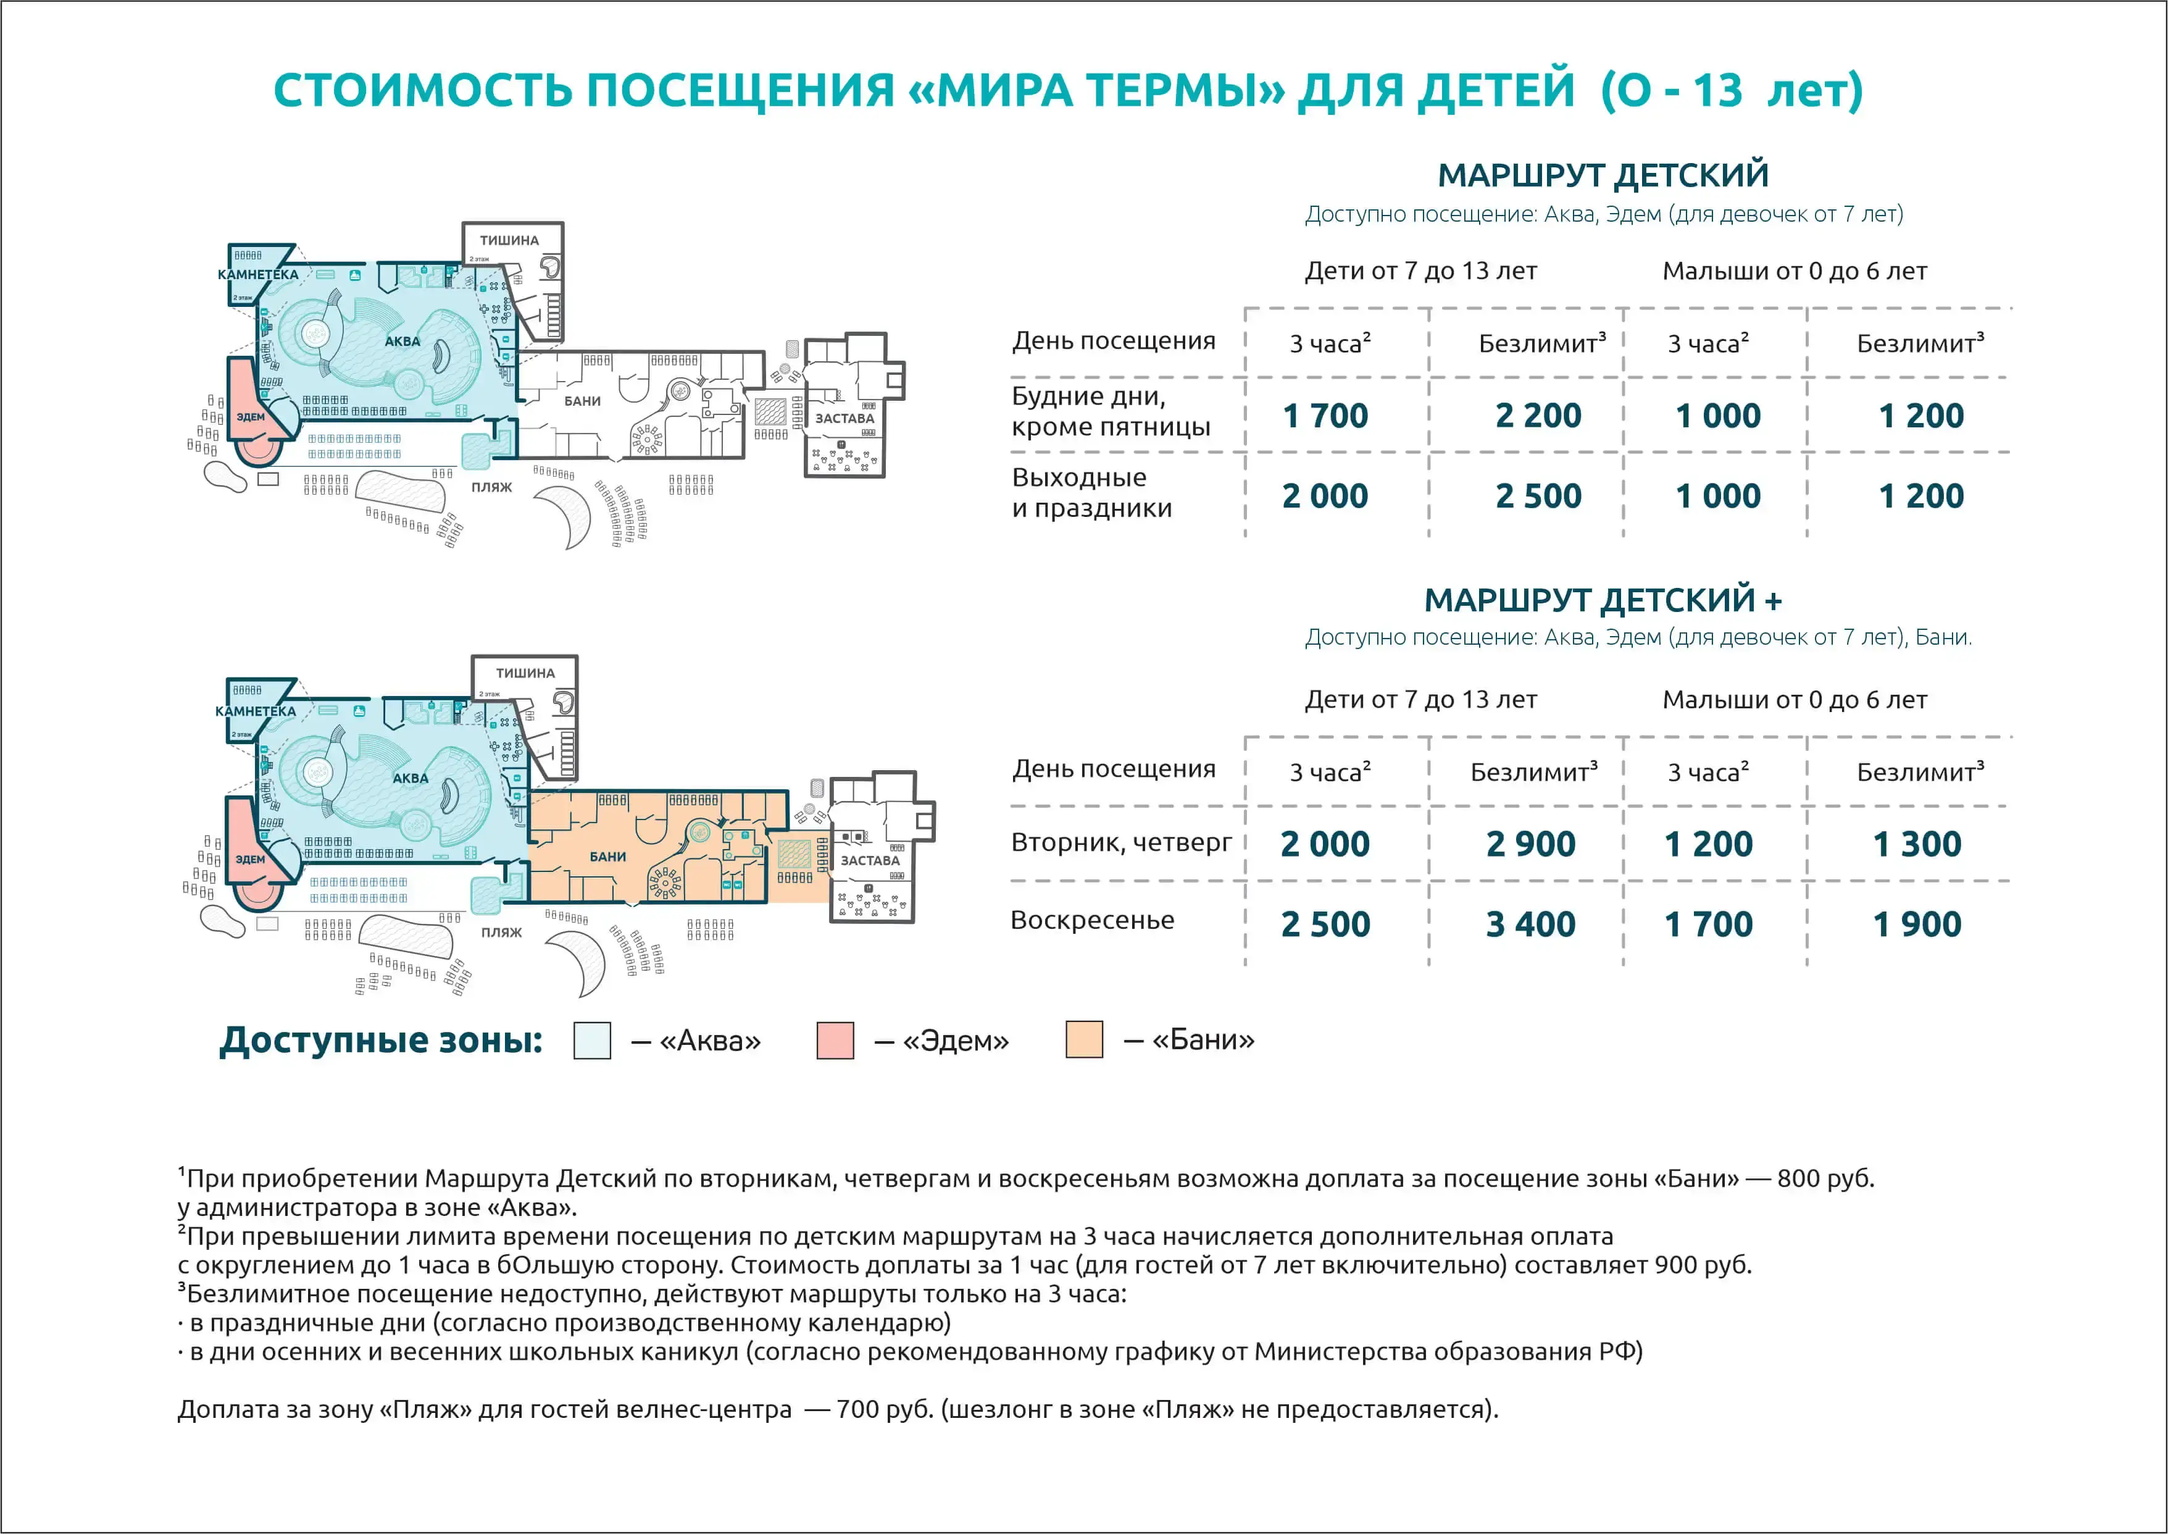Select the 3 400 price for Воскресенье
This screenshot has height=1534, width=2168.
[1531, 924]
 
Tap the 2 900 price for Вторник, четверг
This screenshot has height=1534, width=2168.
[1531, 844]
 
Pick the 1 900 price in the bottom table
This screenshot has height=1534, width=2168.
[1917, 924]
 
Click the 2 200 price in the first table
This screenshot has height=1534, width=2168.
[1538, 416]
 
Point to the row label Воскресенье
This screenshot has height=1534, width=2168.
[1093, 920]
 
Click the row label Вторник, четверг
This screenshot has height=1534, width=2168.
[1122, 842]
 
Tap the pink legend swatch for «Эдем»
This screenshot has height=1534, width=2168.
[835, 1040]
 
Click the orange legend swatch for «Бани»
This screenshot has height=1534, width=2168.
[1084, 1039]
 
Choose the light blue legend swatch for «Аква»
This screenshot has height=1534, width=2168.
[592, 1040]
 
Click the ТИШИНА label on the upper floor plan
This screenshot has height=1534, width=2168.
[509, 241]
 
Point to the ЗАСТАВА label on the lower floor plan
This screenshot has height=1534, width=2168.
[870, 860]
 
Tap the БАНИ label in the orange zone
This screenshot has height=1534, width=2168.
[608, 857]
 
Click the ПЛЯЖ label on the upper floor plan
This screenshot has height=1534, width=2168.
[492, 487]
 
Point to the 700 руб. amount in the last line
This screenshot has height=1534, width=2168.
[885, 1409]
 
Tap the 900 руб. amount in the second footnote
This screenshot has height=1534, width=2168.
[1703, 1265]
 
